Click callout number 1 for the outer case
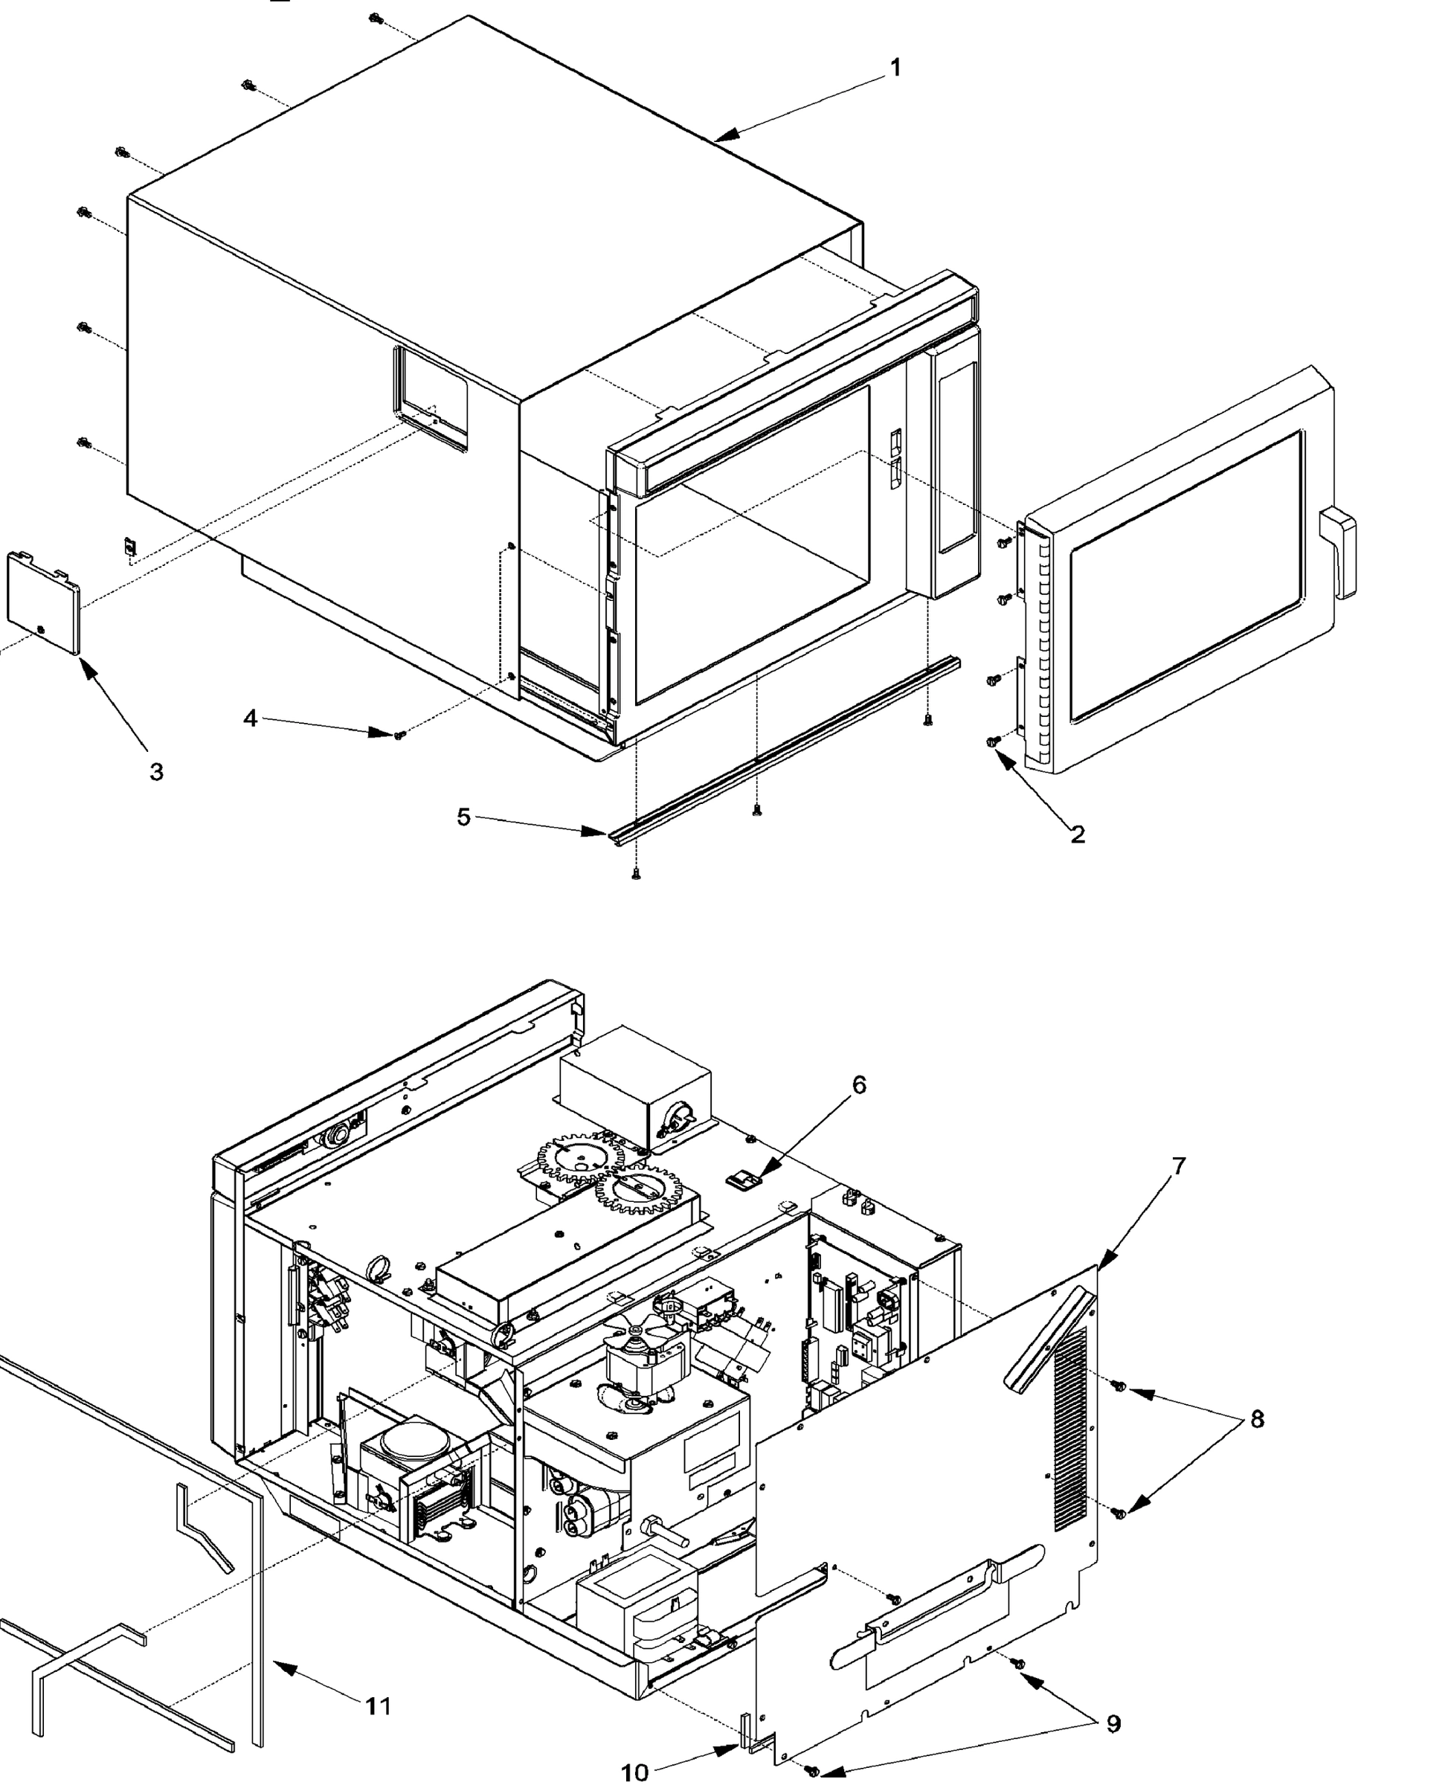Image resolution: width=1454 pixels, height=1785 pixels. [x=895, y=67]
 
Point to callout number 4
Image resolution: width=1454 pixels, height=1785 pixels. [x=251, y=718]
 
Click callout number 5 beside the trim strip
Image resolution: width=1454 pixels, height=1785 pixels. [x=463, y=816]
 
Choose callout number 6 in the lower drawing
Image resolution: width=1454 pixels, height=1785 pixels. [x=859, y=1084]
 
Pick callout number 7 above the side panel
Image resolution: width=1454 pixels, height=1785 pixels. [x=1178, y=1166]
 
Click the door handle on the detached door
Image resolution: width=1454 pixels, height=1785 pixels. [x=1339, y=552]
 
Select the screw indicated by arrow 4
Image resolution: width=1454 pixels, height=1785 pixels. [x=399, y=735]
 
